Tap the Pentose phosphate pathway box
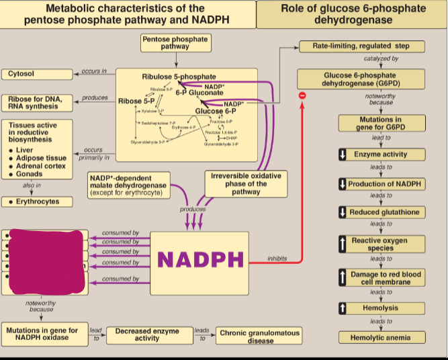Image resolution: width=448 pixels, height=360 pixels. (175, 43)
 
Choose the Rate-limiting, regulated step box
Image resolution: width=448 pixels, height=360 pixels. (361, 46)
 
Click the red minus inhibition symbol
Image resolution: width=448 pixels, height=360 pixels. (302, 96)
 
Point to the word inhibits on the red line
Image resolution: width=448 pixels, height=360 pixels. (277, 258)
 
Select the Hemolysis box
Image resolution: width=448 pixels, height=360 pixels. (380, 308)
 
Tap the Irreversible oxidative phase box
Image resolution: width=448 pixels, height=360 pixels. (246, 183)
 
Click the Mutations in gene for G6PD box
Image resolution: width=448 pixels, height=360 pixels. (380, 124)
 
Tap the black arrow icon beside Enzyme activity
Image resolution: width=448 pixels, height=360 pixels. (343, 154)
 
